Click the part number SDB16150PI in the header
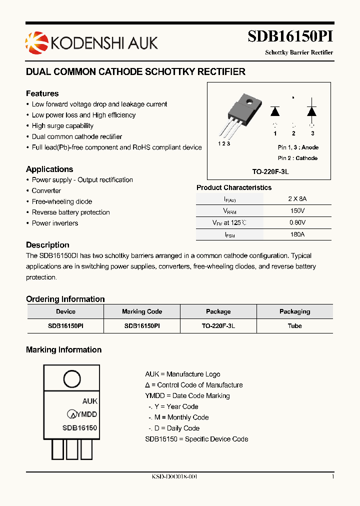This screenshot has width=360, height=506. (290, 37)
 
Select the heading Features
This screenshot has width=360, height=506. (42, 93)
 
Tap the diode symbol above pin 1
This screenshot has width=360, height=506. (275, 111)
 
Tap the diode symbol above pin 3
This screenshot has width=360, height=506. (312, 111)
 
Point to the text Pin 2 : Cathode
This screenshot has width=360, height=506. (297, 158)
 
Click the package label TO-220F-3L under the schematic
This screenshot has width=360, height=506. (270, 171)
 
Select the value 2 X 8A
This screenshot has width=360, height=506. (297, 198)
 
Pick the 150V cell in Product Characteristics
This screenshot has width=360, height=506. (297, 210)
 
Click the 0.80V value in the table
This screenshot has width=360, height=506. (297, 222)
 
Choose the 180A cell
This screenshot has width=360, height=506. (297, 234)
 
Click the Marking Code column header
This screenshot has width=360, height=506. (142, 311)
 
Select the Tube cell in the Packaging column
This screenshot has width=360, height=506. (294, 325)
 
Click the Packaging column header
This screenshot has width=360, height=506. (294, 311)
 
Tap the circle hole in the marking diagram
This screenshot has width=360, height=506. (72, 379)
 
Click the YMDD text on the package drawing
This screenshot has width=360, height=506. (86, 414)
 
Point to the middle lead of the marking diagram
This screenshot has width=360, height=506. (72, 448)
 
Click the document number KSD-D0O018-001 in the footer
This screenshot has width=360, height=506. (174, 477)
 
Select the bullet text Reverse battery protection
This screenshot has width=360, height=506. (70, 212)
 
